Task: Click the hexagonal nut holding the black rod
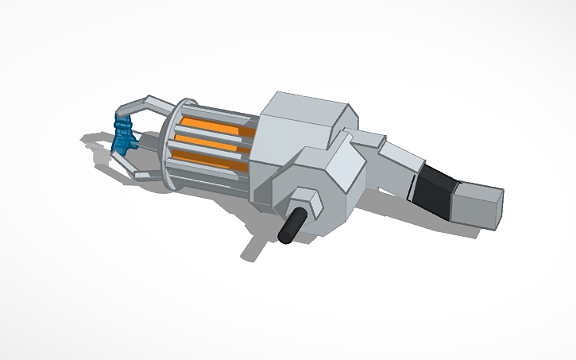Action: point(306,203)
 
